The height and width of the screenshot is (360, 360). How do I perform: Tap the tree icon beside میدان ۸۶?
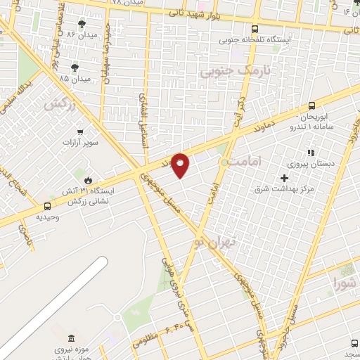click(x=83, y=25)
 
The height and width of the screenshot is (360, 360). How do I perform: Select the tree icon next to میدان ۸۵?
click(x=75, y=67)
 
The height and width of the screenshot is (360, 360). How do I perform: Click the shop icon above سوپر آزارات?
click(x=80, y=131)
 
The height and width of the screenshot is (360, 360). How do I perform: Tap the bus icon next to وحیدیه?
click(x=47, y=207)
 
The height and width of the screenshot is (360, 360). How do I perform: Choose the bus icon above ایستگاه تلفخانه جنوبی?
click(x=255, y=30)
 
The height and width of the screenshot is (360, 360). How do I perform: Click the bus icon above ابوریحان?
click(x=312, y=105)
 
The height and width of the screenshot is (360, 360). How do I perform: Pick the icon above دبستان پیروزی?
click(x=310, y=153)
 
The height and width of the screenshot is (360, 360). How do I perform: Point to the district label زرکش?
click(x=60, y=105)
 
